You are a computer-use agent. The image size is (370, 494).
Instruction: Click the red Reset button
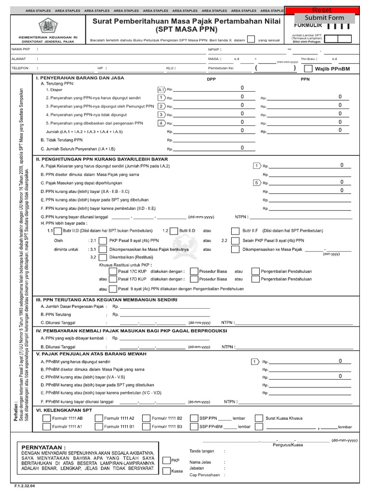pyautogui.click(x=322, y=10)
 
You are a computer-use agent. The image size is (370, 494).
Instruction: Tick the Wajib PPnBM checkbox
pyautogui.click(x=308, y=69)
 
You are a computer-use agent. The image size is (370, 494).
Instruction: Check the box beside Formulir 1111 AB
pyautogui.click(x=46, y=418)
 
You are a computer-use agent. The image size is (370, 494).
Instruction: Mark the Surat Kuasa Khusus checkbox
pyautogui.click(x=259, y=418)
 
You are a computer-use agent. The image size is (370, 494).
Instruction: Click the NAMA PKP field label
pyautogui.click(x=21, y=49)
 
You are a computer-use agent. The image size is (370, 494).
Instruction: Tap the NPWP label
pyautogui.click(x=213, y=49)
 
